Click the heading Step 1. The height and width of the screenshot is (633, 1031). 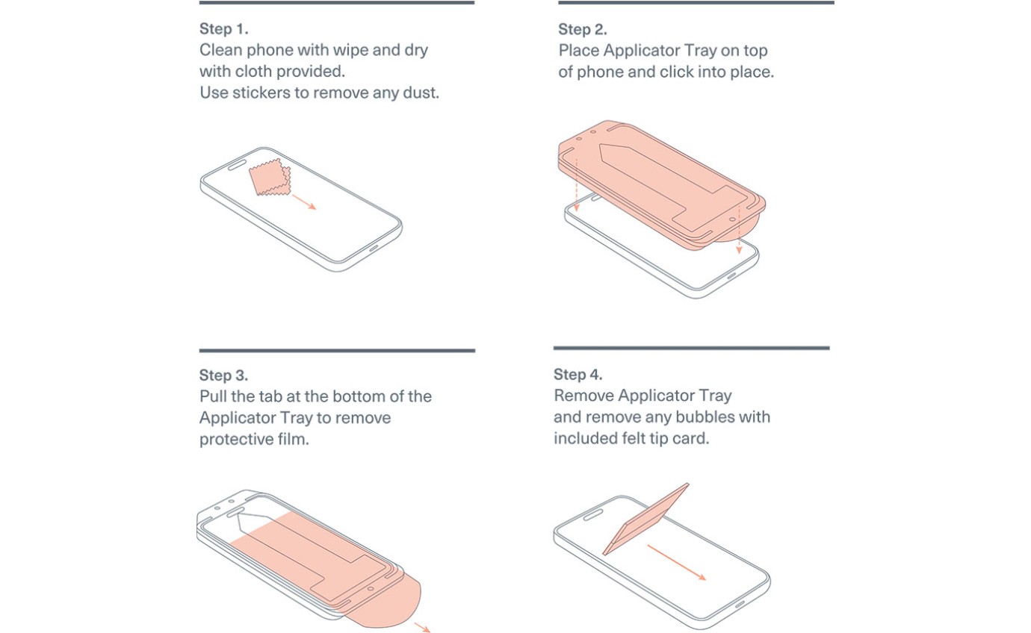223,29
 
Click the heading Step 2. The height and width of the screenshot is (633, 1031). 583,29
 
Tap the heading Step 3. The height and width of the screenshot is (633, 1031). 223,375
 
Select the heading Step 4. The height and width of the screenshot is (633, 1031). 578,375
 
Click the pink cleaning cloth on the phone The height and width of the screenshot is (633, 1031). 270,177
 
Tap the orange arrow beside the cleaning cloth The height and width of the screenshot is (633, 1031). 304,202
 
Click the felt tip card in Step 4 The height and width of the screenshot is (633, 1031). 645,519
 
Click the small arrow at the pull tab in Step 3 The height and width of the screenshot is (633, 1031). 422,628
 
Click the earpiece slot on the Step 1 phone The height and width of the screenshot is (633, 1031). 238,165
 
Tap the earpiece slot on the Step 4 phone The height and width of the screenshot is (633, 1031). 593,514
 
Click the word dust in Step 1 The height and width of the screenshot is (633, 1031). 421,93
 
